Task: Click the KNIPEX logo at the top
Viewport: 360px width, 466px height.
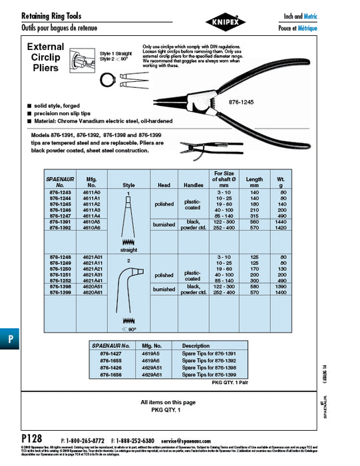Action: (180, 21)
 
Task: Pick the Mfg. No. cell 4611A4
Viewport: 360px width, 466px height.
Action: (92, 216)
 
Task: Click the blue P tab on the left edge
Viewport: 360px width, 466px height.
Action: (9, 338)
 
